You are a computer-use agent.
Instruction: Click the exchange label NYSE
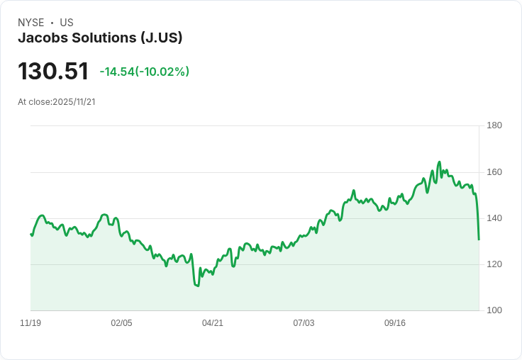pyautogui.click(x=31, y=23)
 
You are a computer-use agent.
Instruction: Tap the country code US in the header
pyautogui.click(x=67, y=23)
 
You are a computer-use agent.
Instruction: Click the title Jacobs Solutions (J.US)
pyautogui.click(x=100, y=38)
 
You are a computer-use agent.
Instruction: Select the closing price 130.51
pyautogui.click(x=53, y=72)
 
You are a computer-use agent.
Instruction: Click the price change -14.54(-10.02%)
pyautogui.click(x=144, y=72)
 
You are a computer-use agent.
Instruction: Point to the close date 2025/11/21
pyautogui.click(x=74, y=102)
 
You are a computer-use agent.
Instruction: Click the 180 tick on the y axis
pyautogui.click(x=494, y=125)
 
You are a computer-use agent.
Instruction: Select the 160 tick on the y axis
pyautogui.click(x=494, y=172)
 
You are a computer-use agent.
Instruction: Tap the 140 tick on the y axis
pyautogui.click(x=494, y=218)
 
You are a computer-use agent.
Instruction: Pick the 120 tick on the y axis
pyautogui.click(x=494, y=264)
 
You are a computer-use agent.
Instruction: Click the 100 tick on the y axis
pyautogui.click(x=494, y=310)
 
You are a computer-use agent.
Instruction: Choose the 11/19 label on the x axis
pyautogui.click(x=30, y=323)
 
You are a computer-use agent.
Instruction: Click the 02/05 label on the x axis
pyautogui.click(x=121, y=323)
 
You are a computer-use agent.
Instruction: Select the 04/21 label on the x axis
pyautogui.click(x=213, y=323)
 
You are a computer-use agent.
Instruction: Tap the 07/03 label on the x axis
pyautogui.click(x=304, y=323)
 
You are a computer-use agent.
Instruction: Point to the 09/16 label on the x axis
pyautogui.click(x=395, y=323)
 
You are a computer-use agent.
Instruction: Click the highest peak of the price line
pyautogui.click(x=439, y=162)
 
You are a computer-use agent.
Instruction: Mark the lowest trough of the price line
pyautogui.click(x=197, y=286)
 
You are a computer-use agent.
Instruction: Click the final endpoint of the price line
pyautogui.click(x=479, y=240)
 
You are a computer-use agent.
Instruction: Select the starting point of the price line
pyautogui.click(x=30, y=234)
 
